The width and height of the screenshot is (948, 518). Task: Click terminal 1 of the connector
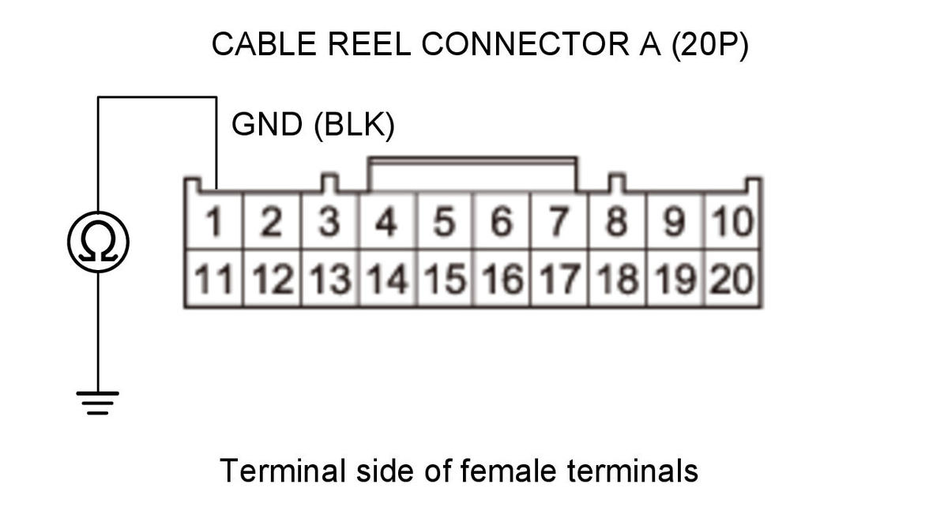(x=214, y=221)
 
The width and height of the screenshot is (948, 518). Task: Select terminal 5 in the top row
(x=445, y=221)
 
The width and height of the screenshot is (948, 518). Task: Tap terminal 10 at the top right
(x=732, y=221)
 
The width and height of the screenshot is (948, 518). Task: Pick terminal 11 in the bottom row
(x=214, y=278)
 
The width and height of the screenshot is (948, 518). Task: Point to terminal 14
(x=387, y=278)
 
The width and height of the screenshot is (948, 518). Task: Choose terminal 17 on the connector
(x=560, y=278)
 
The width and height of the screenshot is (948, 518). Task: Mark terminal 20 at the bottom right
(x=732, y=278)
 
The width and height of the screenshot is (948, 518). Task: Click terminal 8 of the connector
(x=617, y=221)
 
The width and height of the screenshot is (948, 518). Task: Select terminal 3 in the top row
(x=329, y=221)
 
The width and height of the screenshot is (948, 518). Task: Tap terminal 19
(x=675, y=278)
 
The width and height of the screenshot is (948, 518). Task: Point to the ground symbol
(x=98, y=403)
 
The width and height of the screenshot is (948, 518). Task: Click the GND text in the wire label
(x=267, y=125)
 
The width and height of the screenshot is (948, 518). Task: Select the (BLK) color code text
(x=355, y=126)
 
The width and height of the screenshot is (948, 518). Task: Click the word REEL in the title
(x=370, y=44)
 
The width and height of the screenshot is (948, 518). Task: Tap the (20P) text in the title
(x=710, y=45)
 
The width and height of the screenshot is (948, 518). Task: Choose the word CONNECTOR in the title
(x=525, y=44)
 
